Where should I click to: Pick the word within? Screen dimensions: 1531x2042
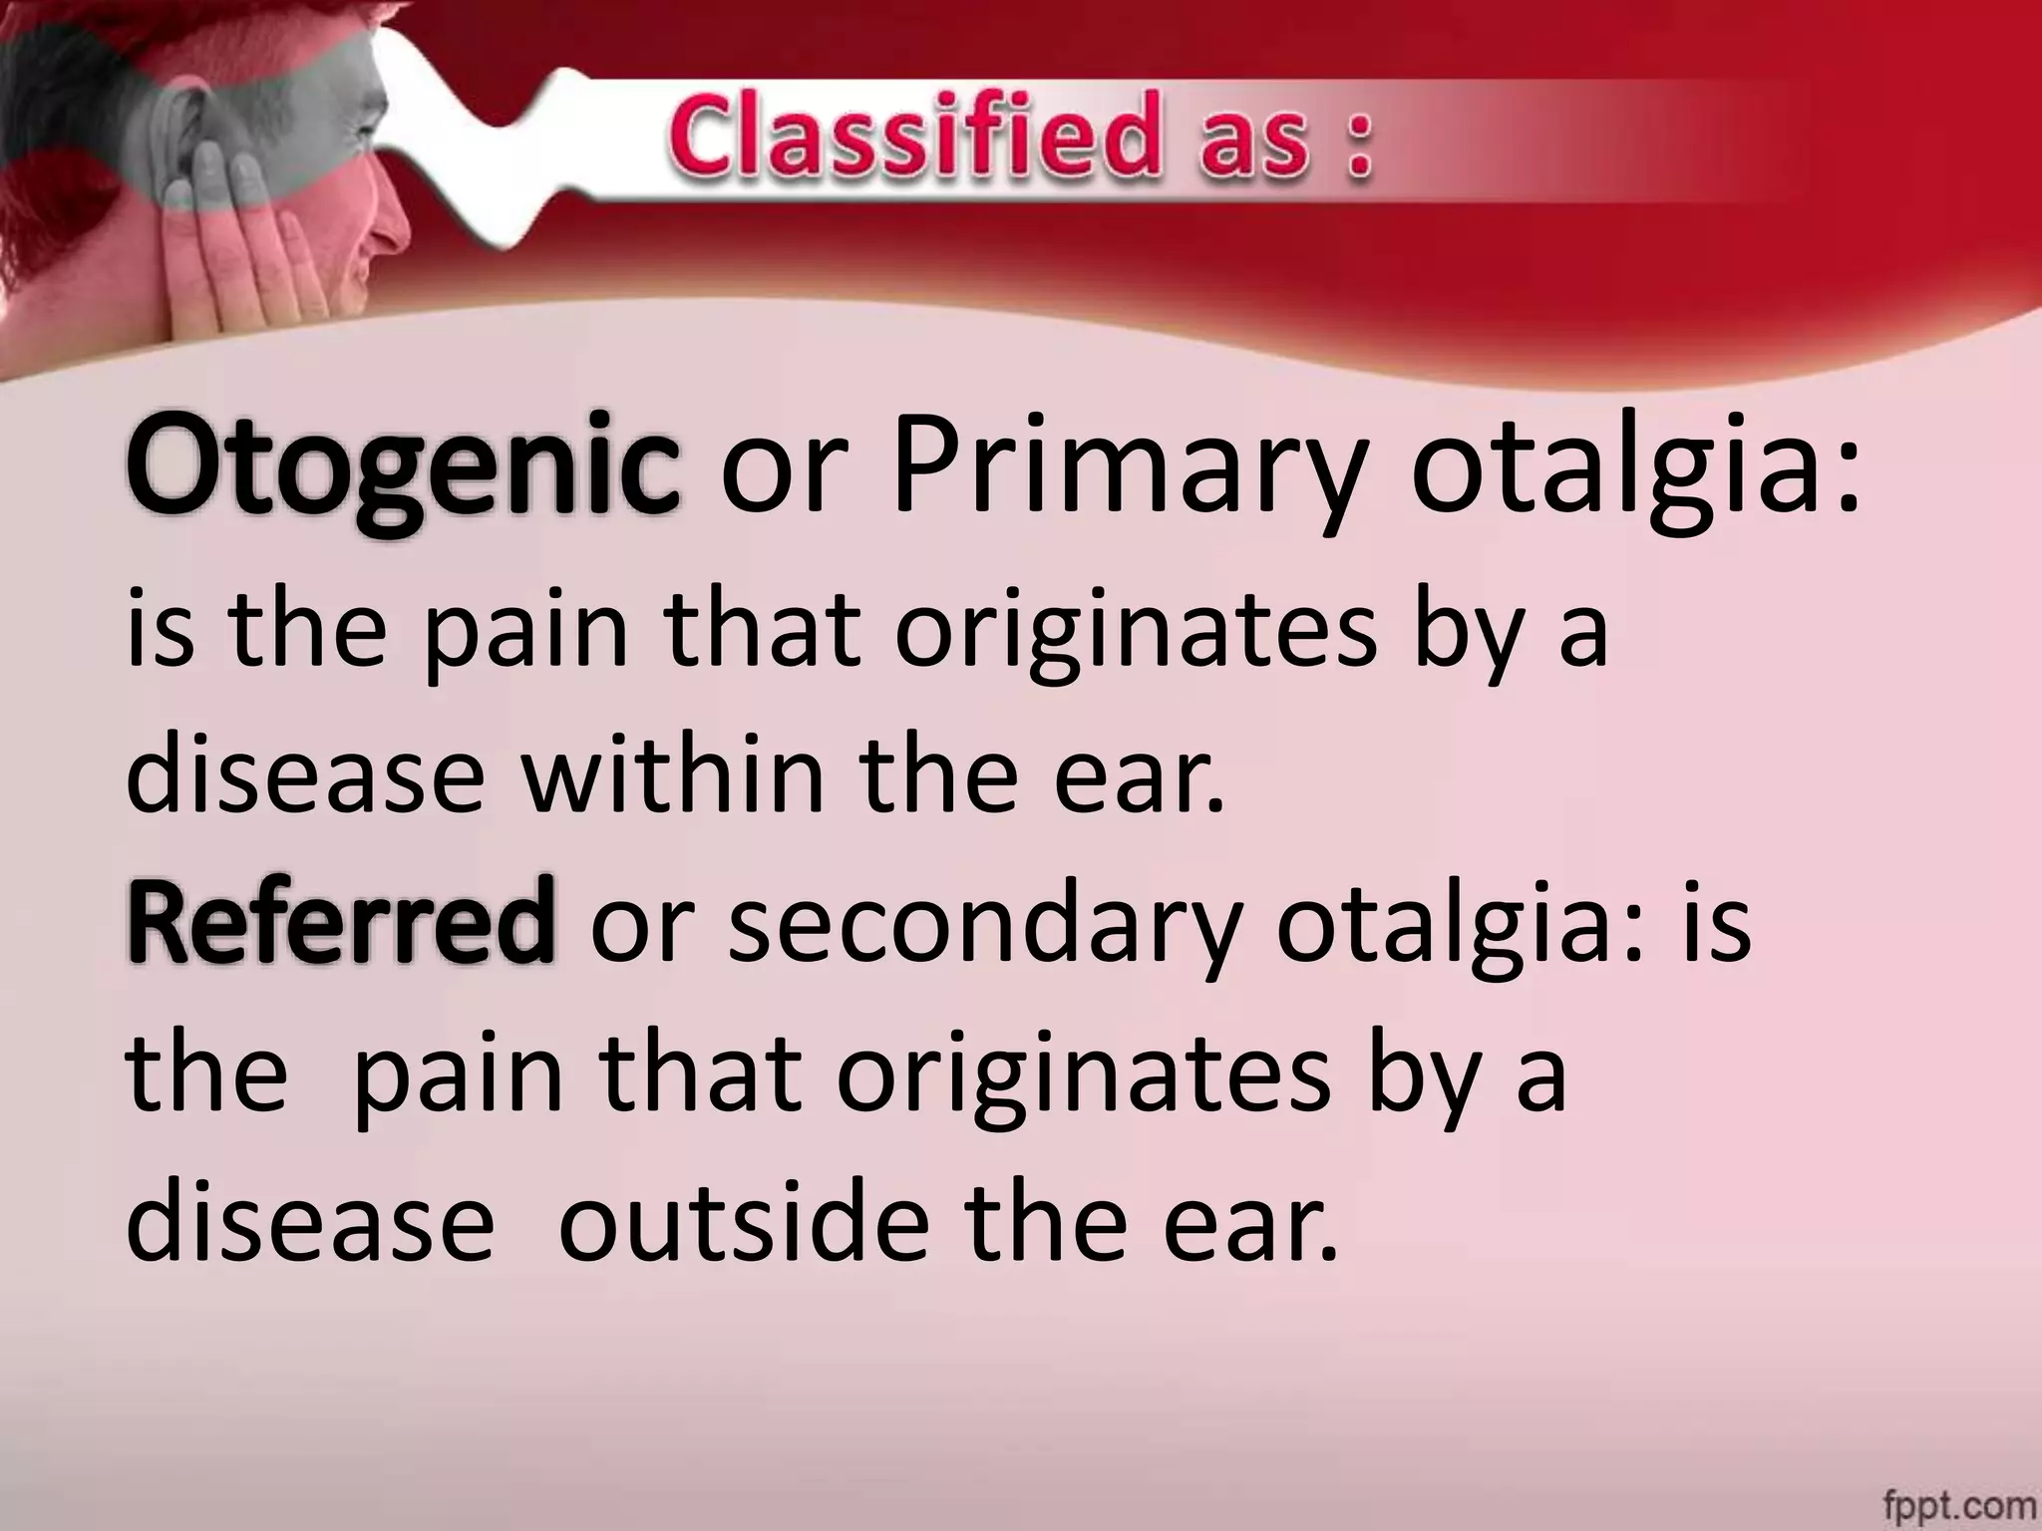pos(674,774)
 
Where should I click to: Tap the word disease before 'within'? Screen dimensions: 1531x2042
pos(305,774)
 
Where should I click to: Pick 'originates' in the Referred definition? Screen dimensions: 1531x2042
pos(1082,1076)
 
